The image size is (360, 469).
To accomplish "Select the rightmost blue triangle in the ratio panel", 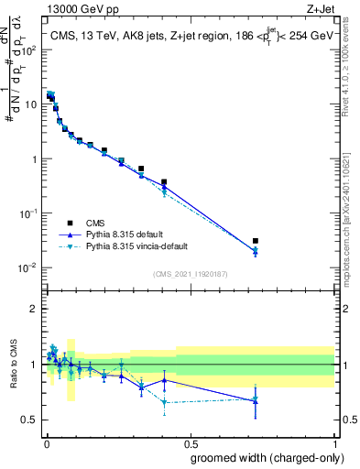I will coord(256,399).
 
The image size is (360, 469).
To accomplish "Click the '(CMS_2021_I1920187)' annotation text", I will coord(190,274).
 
